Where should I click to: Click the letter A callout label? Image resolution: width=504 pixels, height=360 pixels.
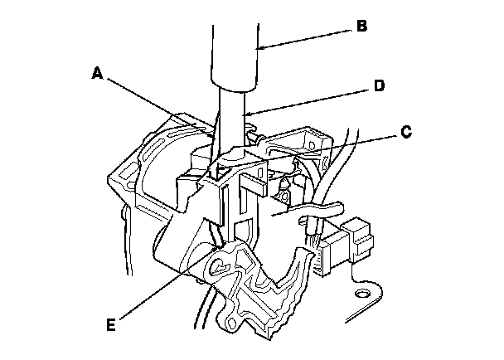click(x=97, y=73)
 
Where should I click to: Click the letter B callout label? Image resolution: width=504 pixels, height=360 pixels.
click(x=361, y=26)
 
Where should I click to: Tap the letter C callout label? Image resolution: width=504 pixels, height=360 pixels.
click(x=406, y=130)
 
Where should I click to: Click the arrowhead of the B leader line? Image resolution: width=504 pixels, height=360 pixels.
click(x=258, y=49)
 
